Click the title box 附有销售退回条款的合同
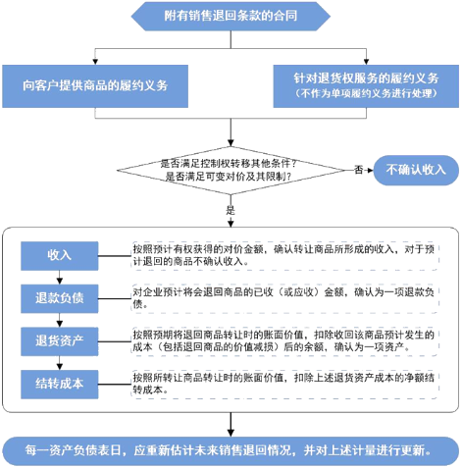coord(231,16)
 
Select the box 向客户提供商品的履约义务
coord(95,86)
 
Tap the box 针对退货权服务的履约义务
coord(366,86)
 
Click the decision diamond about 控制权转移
coord(231,170)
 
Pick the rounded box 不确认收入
coord(416,170)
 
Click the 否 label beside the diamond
coord(359,170)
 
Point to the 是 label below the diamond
coord(231,210)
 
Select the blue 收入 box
coord(60,256)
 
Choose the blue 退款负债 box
coord(60,298)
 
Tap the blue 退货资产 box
coord(60,341)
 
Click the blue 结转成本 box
coord(60,385)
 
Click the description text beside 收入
coord(283,255)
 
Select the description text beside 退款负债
coord(283,298)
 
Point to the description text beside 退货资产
coord(283,340)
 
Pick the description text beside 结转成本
coord(283,384)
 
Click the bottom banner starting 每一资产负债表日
coord(231,450)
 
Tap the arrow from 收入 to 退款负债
coord(60,278)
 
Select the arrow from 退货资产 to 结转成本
coord(60,363)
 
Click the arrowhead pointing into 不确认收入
coord(370,170)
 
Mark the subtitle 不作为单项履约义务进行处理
coord(366,93)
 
